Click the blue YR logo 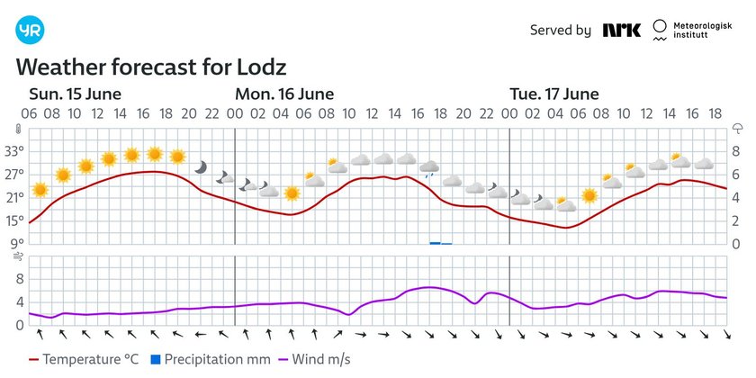pyautogui.click(x=30, y=31)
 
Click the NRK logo pyautogui.click(x=622, y=30)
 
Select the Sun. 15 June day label pyautogui.click(x=75, y=94)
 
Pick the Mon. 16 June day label pyautogui.click(x=283, y=94)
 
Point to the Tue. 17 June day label pyautogui.click(x=554, y=94)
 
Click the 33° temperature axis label pyautogui.click(x=15, y=150)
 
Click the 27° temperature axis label pyautogui.click(x=15, y=174)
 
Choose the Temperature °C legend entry pyautogui.click(x=80, y=360)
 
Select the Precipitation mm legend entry pyautogui.click(x=215, y=360)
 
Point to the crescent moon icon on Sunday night pyautogui.click(x=201, y=167)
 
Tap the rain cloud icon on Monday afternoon pyautogui.click(x=429, y=167)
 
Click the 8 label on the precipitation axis pyautogui.click(x=735, y=150)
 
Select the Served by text pyautogui.click(x=560, y=30)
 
